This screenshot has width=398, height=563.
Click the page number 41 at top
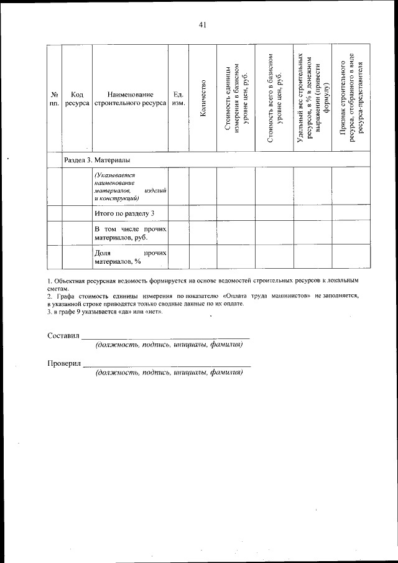(x=202, y=25)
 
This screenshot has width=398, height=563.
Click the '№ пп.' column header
(x=53, y=99)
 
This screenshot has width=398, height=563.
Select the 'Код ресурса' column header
(x=77, y=99)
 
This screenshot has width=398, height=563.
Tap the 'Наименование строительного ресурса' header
(x=130, y=99)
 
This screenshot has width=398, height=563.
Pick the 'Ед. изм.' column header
(x=178, y=99)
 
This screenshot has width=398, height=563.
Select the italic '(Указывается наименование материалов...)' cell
(x=130, y=187)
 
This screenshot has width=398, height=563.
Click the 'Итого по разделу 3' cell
(x=124, y=213)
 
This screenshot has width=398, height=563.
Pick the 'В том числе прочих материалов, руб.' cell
(x=130, y=233)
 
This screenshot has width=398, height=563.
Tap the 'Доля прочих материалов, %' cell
(x=130, y=257)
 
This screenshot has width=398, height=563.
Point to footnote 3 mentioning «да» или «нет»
(x=106, y=311)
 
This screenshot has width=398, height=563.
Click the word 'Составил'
(x=63, y=335)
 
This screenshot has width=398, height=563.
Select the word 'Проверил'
(x=65, y=363)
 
